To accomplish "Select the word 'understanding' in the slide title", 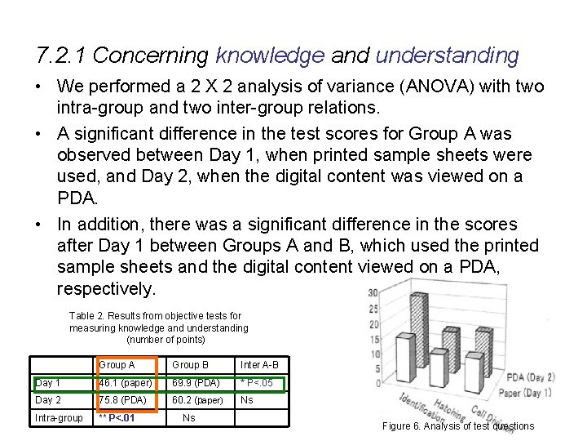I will (x=447, y=56).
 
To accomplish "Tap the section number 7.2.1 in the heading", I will (x=65, y=56).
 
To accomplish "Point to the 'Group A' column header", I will (x=117, y=364).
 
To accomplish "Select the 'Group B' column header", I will (x=191, y=364).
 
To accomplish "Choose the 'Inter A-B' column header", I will (x=259, y=364).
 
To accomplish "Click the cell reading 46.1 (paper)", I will (x=125, y=382).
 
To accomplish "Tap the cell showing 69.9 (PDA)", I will (x=196, y=382).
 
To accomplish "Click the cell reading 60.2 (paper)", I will (x=198, y=400).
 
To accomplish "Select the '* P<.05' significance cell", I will (x=257, y=382).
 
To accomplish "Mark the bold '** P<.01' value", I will (x=117, y=418).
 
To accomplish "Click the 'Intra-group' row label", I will (x=59, y=418).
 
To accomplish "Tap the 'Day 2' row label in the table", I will (x=48, y=400).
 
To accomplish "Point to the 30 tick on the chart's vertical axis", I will (x=372, y=293).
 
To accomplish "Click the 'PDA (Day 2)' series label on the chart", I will (x=530, y=377).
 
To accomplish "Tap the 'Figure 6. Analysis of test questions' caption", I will (x=458, y=425).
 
